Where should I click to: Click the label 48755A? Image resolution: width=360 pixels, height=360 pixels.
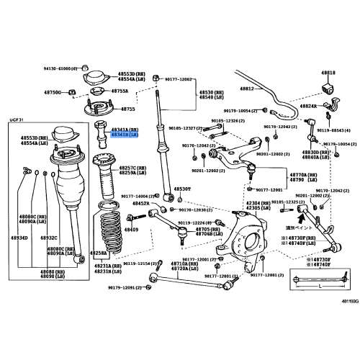tap(120, 91)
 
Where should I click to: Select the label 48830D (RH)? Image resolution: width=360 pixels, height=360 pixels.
tap(313, 152)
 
